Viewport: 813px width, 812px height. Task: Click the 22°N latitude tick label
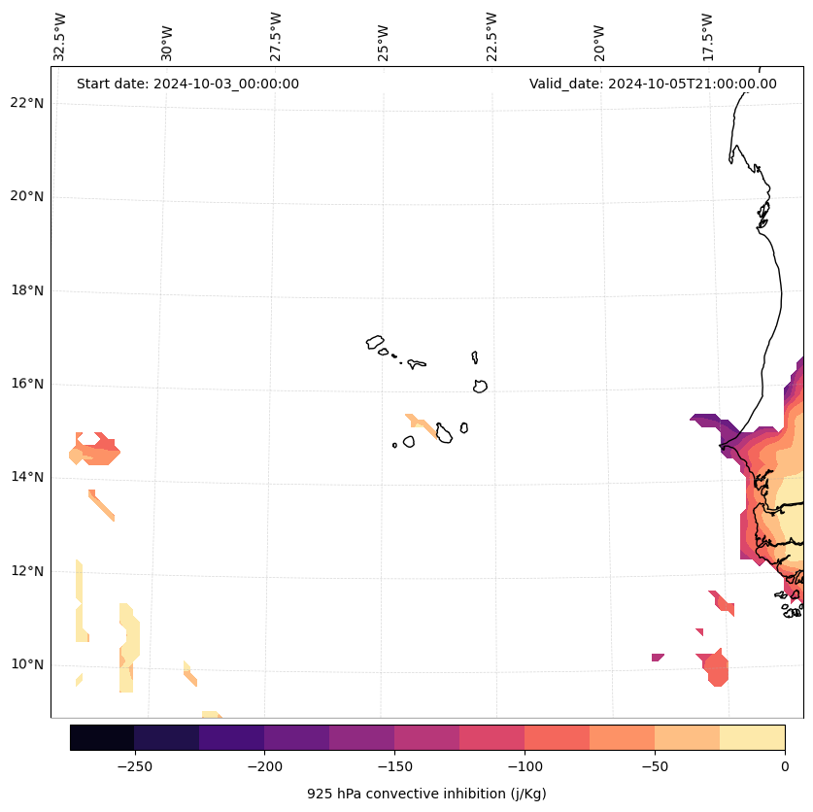click(x=25, y=103)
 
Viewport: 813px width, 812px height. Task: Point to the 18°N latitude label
click(x=25, y=290)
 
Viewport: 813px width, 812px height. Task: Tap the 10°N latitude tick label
click(x=25, y=665)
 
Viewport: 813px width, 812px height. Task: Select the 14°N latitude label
click(x=25, y=477)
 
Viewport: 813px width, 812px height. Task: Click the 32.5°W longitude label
click(x=60, y=37)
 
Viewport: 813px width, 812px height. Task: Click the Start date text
click(x=187, y=84)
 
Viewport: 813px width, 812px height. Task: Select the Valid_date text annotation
click(x=653, y=84)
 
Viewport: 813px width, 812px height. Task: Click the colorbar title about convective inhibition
click(x=426, y=794)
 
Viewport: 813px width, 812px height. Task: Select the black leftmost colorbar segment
click(x=102, y=737)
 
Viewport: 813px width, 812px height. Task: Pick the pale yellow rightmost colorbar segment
click(x=752, y=737)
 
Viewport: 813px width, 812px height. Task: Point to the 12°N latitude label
click(x=25, y=571)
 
